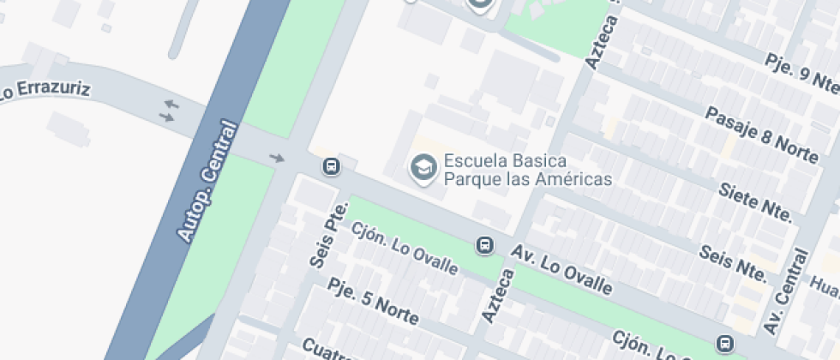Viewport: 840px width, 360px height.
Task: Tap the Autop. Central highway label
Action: pyautogui.click(x=206, y=181)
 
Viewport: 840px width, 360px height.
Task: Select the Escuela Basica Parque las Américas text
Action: pyautogui.click(x=527, y=170)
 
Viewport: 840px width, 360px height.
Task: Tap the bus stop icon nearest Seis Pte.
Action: pyautogui.click(x=330, y=165)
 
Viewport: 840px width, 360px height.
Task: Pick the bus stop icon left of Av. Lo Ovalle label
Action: pyautogui.click(x=484, y=246)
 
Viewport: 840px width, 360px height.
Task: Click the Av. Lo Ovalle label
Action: pyautogui.click(x=562, y=270)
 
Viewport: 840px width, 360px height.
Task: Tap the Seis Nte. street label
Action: pyautogui.click(x=733, y=261)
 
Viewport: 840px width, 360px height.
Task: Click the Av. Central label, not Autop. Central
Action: pyautogui.click(x=787, y=291)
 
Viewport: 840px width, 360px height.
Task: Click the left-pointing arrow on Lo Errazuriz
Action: pyautogui.click(x=171, y=105)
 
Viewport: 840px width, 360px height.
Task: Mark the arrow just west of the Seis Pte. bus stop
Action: pyautogui.click(x=276, y=158)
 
